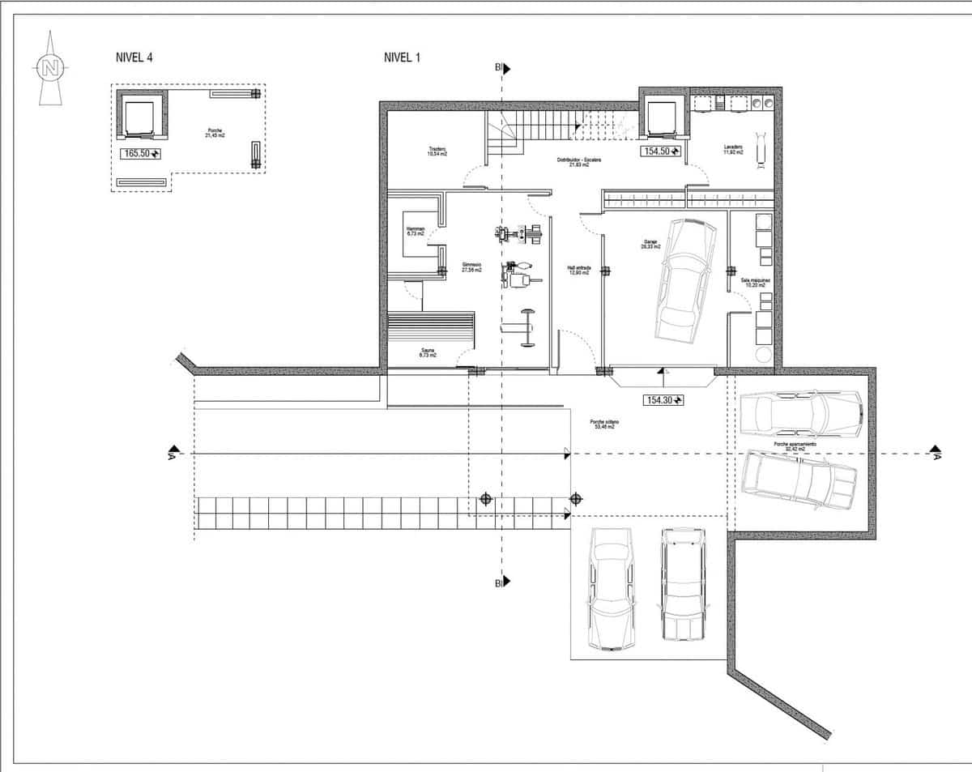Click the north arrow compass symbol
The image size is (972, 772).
(50, 68)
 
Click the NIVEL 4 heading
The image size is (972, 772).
(134, 58)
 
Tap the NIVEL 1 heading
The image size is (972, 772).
(402, 58)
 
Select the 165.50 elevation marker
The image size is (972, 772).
(141, 153)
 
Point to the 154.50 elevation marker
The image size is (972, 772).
(661, 151)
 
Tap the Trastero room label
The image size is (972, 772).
(438, 151)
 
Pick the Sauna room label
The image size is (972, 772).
(428, 353)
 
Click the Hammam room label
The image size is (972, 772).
(416, 231)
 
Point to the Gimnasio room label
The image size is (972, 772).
(471, 267)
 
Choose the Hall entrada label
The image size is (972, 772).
(579, 270)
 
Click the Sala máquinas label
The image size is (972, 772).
(755, 282)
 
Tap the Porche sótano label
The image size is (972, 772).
(601, 424)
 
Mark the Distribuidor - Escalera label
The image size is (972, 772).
(578, 162)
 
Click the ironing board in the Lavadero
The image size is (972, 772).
(761, 150)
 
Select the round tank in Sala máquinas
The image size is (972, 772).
(762, 355)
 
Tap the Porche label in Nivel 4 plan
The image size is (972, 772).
(215, 134)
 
